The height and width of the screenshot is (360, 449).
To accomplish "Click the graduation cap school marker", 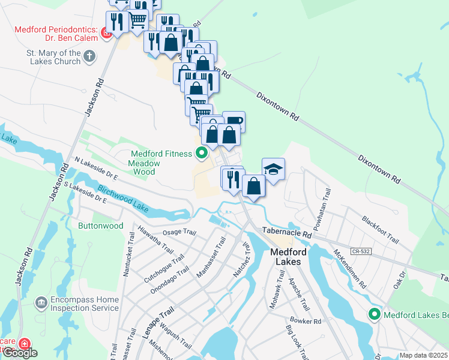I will [273, 169].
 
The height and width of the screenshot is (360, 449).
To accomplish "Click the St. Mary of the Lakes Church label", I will [53, 57].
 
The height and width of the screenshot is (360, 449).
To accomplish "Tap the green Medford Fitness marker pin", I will [202, 154].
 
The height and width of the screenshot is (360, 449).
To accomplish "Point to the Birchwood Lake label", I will [123, 199].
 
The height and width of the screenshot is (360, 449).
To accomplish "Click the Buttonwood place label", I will [100, 226].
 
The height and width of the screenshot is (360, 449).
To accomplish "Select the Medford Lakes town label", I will [288, 257].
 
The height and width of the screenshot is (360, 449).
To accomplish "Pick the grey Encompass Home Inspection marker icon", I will [41, 301].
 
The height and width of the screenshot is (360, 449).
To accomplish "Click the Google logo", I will [20, 353].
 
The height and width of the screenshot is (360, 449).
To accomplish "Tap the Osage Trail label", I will [179, 233].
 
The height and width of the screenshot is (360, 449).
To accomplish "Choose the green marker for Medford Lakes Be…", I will [375, 314].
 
